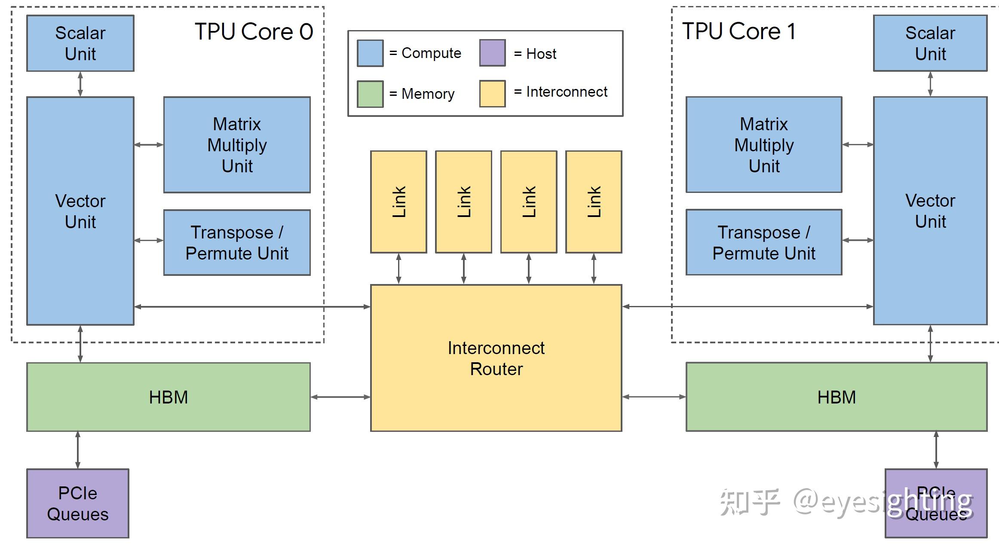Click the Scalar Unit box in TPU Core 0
[80, 43]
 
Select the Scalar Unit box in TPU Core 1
[930, 43]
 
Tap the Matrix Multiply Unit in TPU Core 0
[237, 145]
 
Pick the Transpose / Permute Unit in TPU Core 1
[764, 242]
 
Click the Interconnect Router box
[496, 358]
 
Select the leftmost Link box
[398, 202]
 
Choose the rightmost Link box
[594, 202]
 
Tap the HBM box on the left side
[168, 397]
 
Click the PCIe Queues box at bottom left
[78, 503]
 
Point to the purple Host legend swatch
[492, 53]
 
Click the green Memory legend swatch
[370, 94]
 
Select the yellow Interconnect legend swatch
[492, 94]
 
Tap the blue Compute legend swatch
[370, 53]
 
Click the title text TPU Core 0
[254, 32]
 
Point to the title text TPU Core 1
[739, 31]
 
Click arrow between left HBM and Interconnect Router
[340, 397]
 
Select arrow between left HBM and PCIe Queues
[78, 450]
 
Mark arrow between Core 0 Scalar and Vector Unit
[80, 84]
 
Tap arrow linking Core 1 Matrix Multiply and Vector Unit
[858, 145]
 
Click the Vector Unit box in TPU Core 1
[930, 211]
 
